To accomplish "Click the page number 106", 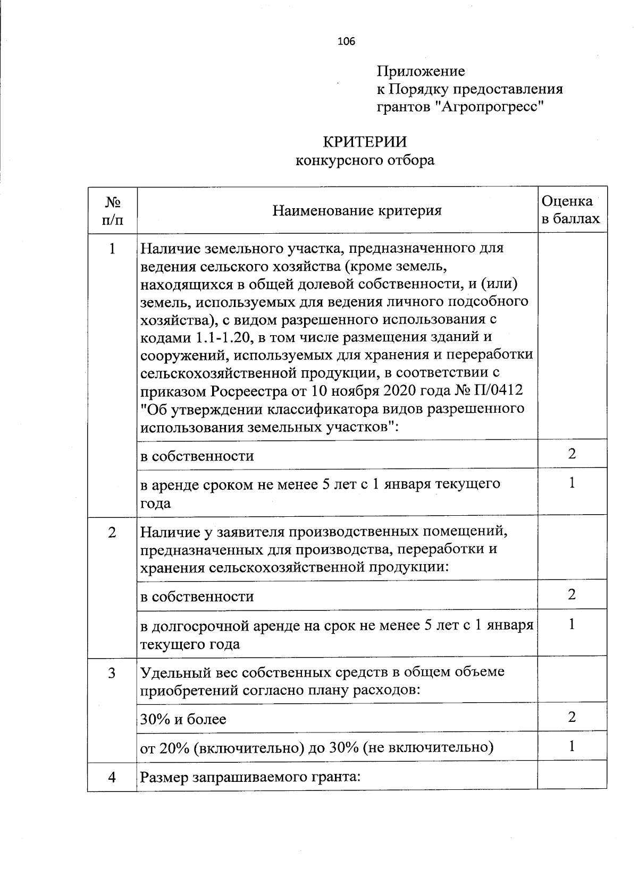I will (346, 41).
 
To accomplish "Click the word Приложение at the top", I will (421, 71).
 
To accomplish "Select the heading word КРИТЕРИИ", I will (365, 142).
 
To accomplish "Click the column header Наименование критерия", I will (357, 211).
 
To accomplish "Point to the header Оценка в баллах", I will (570, 210).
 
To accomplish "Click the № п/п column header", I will (112, 210).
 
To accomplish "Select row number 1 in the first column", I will (112, 249).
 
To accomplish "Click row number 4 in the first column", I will (112, 777).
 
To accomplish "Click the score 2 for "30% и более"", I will (572, 718).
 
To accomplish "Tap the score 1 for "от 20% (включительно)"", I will (572, 747).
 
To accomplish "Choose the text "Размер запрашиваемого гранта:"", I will (250, 777).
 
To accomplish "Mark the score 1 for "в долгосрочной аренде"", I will (572, 624).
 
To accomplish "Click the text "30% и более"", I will (183, 720).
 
